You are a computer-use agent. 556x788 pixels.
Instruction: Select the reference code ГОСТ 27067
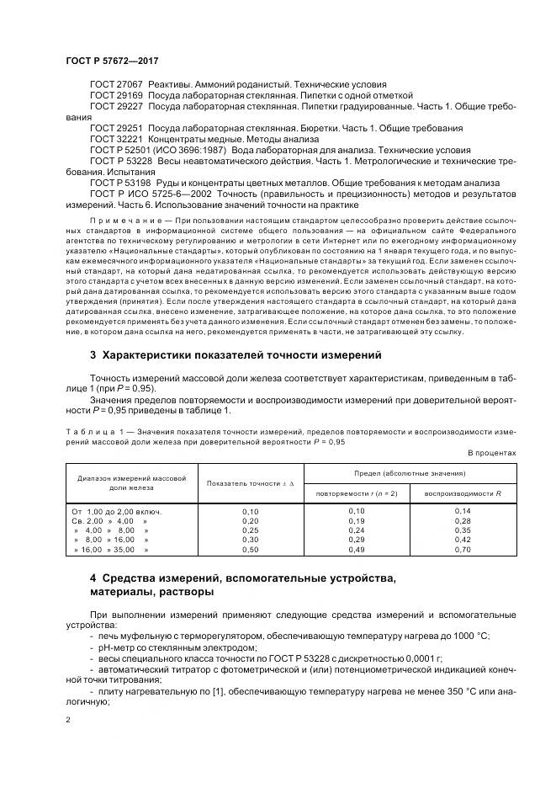116,85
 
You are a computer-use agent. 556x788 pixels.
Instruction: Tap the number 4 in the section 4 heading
93,578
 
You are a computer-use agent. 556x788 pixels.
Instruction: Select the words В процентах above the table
491,452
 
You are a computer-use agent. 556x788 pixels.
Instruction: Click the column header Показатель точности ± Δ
250,483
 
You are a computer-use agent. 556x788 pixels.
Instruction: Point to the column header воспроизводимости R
462,492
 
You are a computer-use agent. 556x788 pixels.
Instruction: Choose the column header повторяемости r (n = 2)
356,492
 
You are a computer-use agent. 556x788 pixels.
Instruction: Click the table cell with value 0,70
462,550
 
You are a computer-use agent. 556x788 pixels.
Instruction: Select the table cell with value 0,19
356,521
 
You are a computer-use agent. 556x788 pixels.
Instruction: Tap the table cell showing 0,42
462,540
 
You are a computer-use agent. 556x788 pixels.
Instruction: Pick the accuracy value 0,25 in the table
250,530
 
